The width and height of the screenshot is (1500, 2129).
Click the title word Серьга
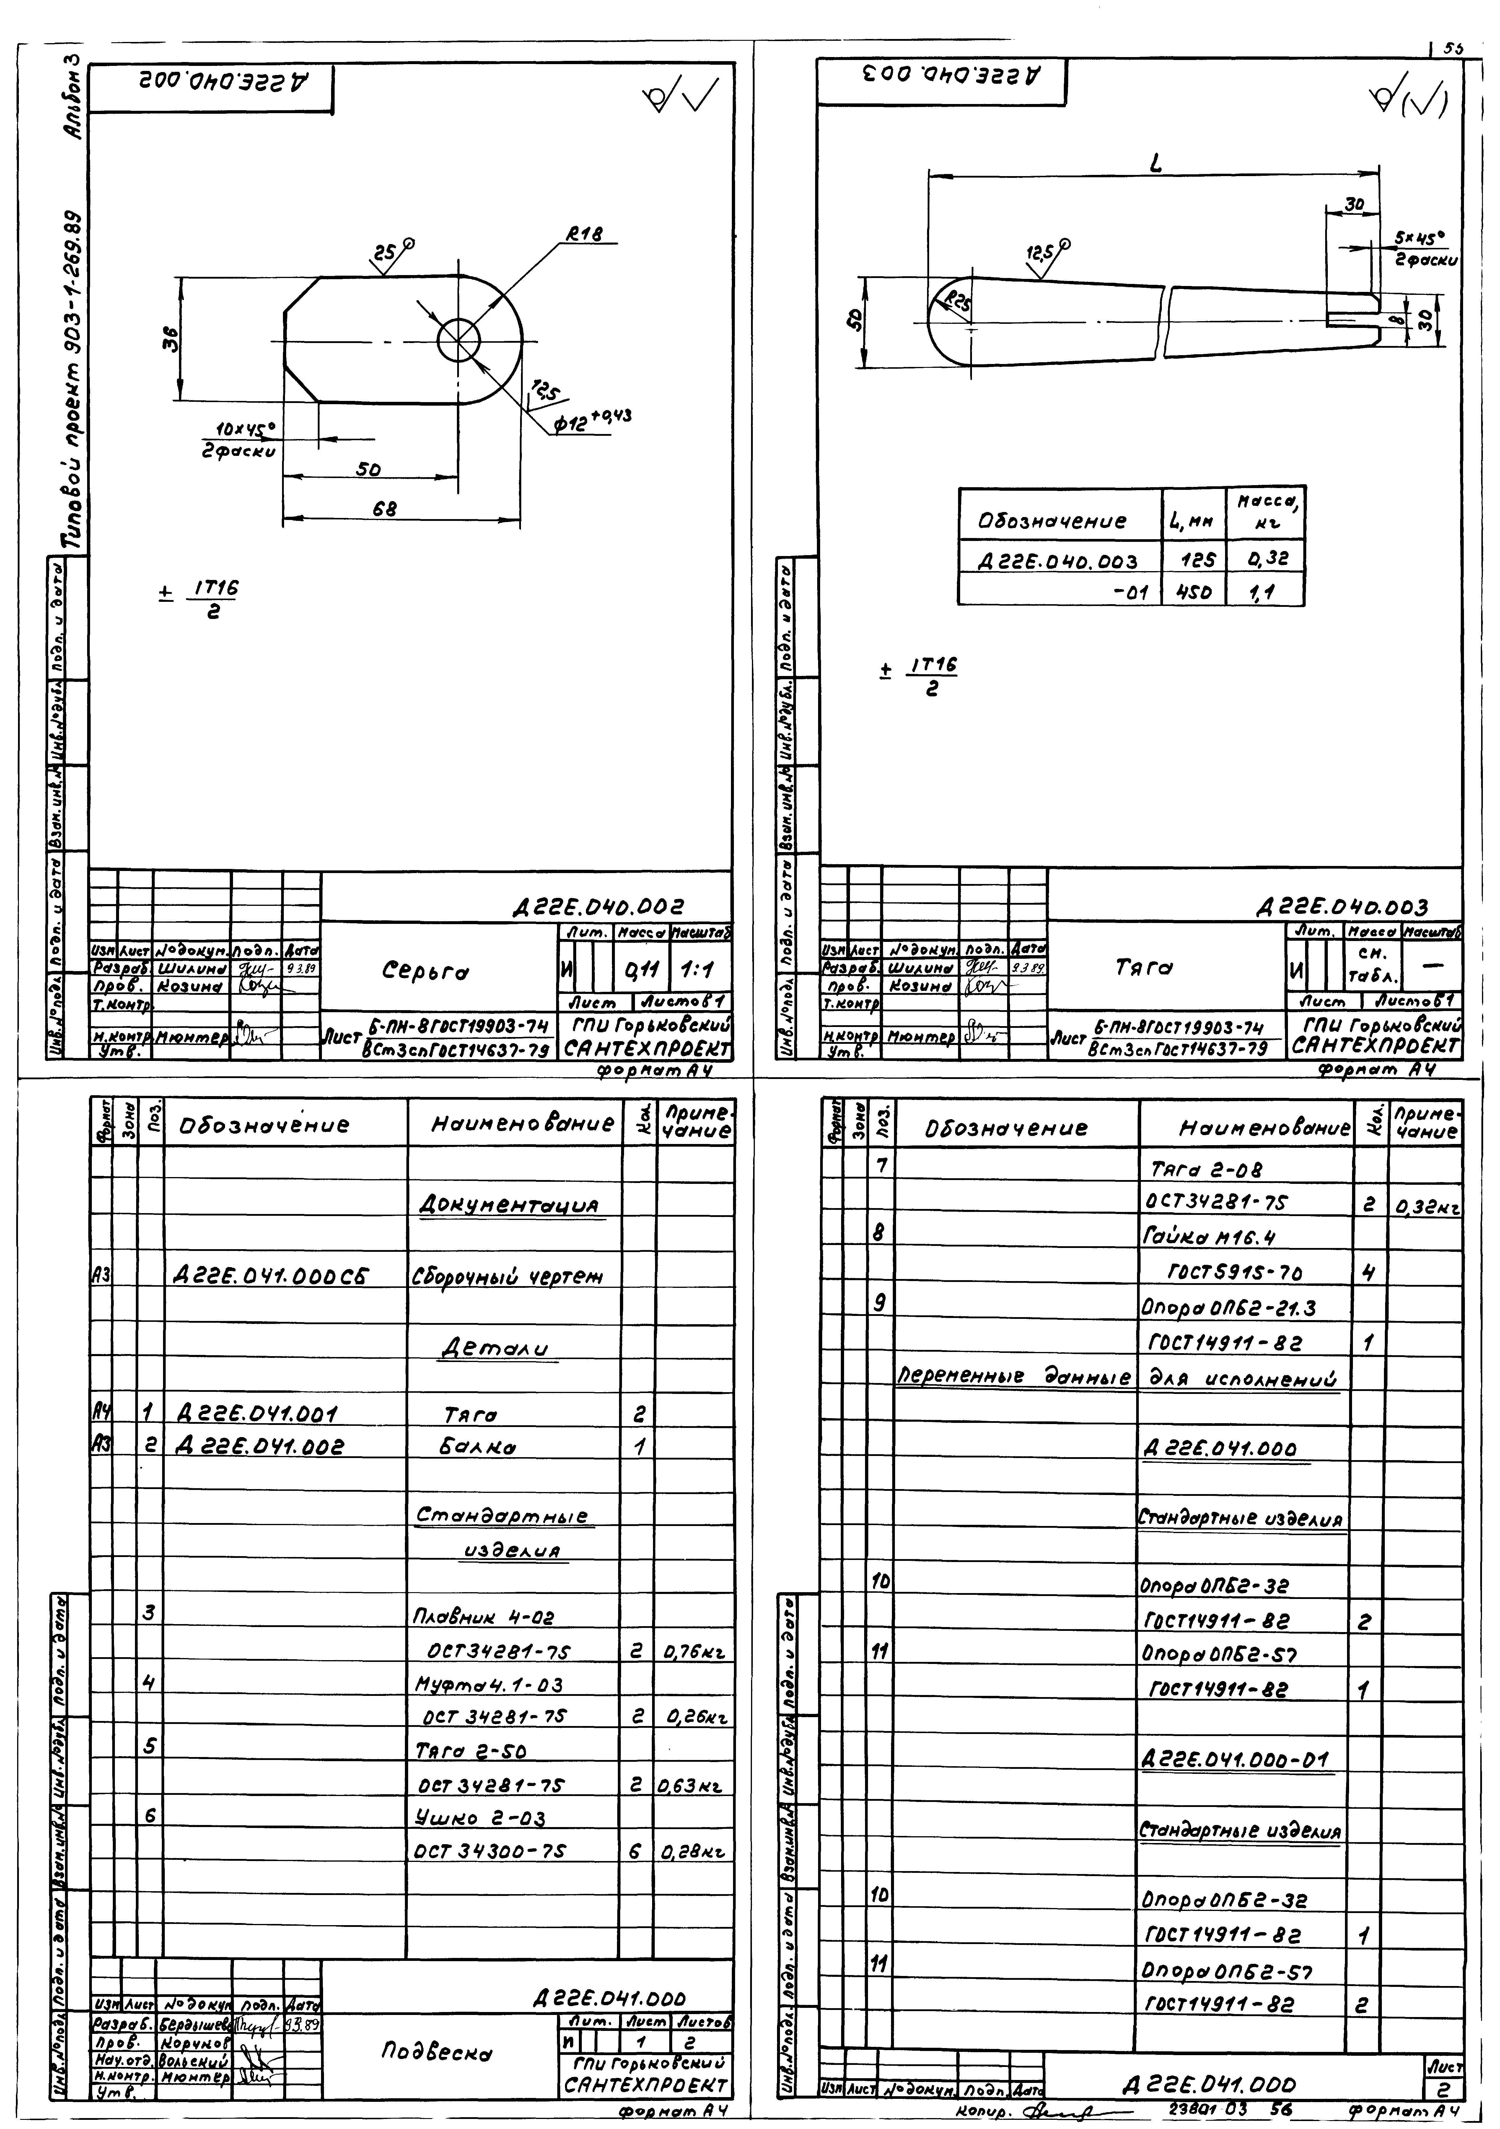(x=426, y=971)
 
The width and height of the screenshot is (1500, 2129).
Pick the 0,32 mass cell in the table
(x=1266, y=559)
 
